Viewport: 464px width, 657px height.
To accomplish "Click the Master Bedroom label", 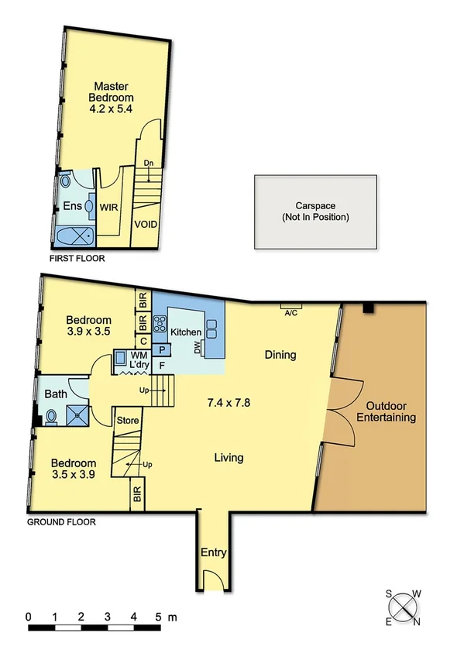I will (x=114, y=98).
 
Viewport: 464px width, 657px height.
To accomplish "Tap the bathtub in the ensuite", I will (x=76, y=234).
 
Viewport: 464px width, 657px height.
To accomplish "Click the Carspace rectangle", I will (x=316, y=212).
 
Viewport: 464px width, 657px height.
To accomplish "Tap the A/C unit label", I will (x=291, y=313).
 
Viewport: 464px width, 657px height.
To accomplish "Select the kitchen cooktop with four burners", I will (x=161, y=324).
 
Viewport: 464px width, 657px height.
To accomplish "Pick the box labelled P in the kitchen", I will (x=161, y=350).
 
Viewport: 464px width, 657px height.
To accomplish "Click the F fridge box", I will (x=161, y=364).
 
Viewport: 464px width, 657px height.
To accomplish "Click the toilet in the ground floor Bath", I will (x=52, y=418).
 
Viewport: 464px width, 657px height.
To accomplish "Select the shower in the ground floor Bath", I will (x=77, y=417).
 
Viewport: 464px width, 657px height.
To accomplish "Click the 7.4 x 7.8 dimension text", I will (x=229, y=403).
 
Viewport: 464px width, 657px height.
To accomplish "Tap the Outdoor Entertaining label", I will (x=391, y=411).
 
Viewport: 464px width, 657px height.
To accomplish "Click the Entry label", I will (x=213, y=552).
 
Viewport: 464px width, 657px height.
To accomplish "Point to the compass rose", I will (x=403, y=608).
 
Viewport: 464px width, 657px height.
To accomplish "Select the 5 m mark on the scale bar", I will (x=160, y=617).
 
